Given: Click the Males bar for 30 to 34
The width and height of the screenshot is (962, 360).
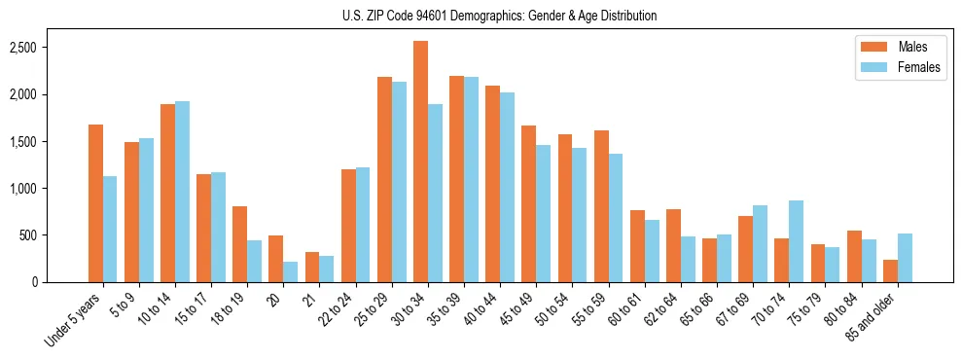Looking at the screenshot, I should pos(420,162).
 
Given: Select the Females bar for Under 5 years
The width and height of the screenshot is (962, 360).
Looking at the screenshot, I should pos(110,229).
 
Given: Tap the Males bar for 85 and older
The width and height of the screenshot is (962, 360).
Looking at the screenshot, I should pos(890,270).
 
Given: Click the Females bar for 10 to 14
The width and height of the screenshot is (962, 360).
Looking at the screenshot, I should pos(182,192).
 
